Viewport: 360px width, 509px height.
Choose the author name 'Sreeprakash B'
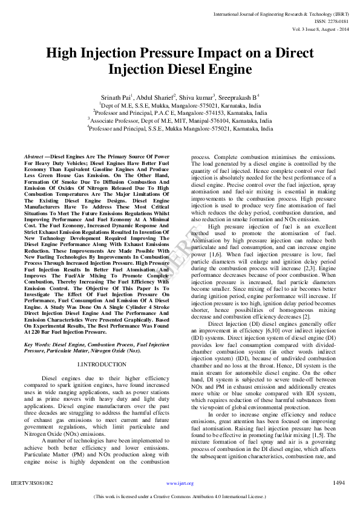(x=237, y=97)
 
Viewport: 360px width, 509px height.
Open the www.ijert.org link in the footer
(x=180, y=484)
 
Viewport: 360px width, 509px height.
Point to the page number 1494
(x=339, y=482)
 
